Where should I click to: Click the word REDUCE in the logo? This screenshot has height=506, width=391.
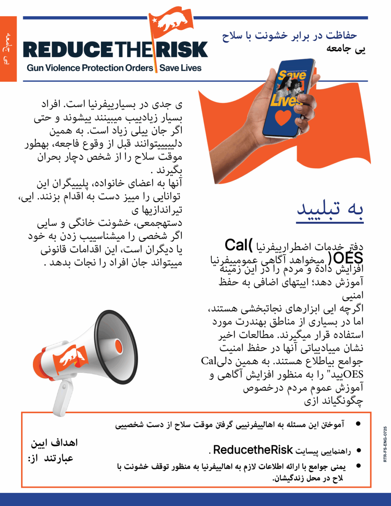[x=68, y=50]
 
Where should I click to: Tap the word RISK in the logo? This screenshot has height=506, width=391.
[x=183, y=50]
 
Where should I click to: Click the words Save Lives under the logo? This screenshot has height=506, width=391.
[x=180, y=68]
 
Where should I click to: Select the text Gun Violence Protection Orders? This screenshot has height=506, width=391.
[x=90, y=68]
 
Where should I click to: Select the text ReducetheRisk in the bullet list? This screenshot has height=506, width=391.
[x=253, y=450]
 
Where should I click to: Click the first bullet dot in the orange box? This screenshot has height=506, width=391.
[x=358, y=423]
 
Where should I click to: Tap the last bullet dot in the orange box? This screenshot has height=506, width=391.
[x=358, y=466]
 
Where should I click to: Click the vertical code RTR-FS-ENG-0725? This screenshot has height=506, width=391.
[x=385, y=444]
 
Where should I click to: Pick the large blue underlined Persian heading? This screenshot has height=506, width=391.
[x=330, y=209]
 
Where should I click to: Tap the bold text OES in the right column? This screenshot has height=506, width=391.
[x=348, y=258]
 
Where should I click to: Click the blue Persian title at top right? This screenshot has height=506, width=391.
[x=290, y=35]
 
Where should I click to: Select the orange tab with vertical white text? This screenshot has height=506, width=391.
[x=8, y=49]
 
